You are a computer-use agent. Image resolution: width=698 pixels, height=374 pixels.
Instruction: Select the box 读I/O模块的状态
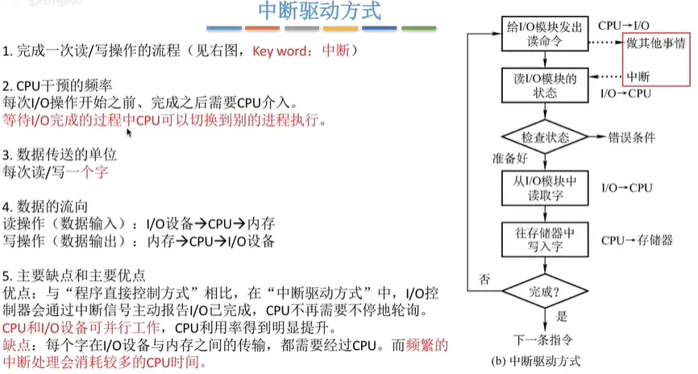[x=540, y=85]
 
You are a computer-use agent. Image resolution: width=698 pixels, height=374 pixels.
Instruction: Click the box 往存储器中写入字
[x=540, y=239]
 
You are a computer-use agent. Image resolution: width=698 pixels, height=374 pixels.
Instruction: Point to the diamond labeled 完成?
[x=540, y=286]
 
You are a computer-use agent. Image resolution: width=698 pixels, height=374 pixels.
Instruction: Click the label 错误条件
[x=632, y=136]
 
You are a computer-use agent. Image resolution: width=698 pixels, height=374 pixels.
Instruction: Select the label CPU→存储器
[x=637, y=239]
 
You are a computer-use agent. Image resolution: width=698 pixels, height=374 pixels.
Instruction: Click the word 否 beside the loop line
[x=484, y=279]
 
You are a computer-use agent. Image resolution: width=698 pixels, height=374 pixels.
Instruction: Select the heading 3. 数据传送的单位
[x=61, y=155]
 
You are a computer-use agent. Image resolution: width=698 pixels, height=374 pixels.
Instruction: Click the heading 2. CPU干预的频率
[x=60, y=86]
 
